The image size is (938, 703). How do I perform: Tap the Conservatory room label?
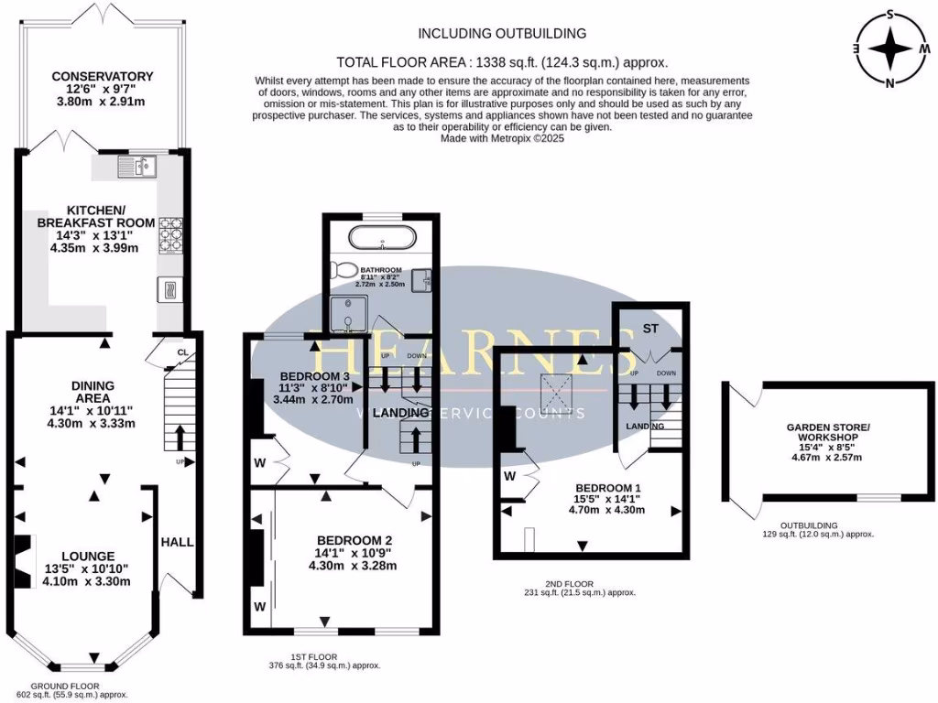(102, 90)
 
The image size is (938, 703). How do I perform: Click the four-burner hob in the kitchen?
(171, 233)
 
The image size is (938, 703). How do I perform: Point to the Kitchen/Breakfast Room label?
(88, 228)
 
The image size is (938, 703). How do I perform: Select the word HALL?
(177, 542)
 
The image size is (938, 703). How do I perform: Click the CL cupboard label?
(182, 352)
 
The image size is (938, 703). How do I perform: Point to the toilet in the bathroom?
(346, 271)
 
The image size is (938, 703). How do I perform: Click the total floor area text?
(502, 62)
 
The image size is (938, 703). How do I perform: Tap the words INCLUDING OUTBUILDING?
(502, 34)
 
